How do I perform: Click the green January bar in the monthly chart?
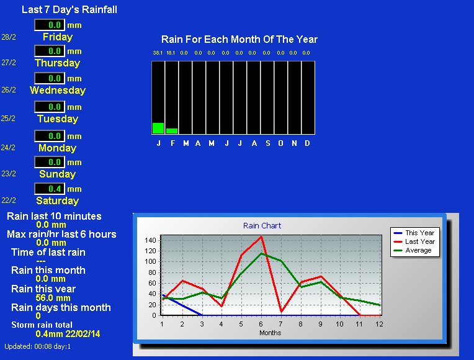[x=158, y=128]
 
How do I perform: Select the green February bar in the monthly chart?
[x=172, y=131]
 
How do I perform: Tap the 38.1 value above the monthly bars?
[x=158, y=53]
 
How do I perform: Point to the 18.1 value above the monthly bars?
[x=171, y=53]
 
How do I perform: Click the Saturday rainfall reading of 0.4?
[x=55, y=189]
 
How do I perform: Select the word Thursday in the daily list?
[x=58, y=63]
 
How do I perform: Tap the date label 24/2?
[x=8, y=148]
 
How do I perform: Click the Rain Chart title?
[x=262, y=226]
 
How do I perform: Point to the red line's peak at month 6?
[x=261, y=236]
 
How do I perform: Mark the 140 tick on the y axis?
[x=150, y=240]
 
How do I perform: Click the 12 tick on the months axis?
[x=379, y=324]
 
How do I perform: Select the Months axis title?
[x=271, y=333]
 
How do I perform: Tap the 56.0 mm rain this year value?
[x=53, y=298]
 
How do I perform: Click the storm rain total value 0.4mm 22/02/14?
[x=68, y=334]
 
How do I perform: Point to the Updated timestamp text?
[x=37, y=346]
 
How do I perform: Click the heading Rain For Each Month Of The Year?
[x=239, y=39]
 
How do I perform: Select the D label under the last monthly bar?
[x=308, y=143]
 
